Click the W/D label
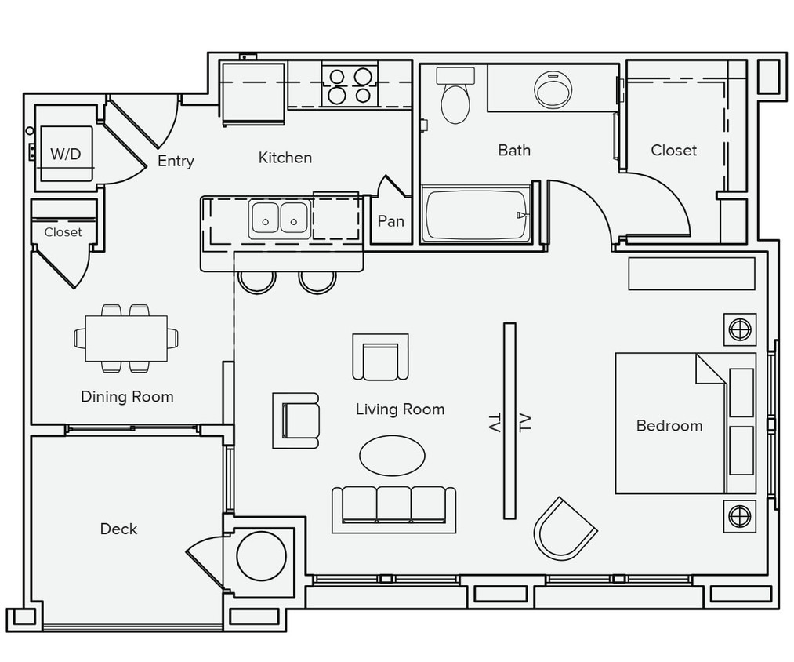coord(66,154)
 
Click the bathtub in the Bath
coord(477,214)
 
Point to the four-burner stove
coord(350,85)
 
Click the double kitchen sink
coord(280,217)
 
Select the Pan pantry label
coord(390,221)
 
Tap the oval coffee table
coord(392,455)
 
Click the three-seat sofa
coord(393,507)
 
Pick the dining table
coord(126,338)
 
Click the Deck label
coord(118,529)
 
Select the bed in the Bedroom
coord(684,424)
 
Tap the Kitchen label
coord(285,158)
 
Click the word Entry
coord(176,161)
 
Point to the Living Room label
coord(400,409)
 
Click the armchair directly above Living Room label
coord(380,357)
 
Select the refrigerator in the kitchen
coord(252,93)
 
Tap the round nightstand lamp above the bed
coord(740,329)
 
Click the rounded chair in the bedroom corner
coord(564,529)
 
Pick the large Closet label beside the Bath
coord(673,150)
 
